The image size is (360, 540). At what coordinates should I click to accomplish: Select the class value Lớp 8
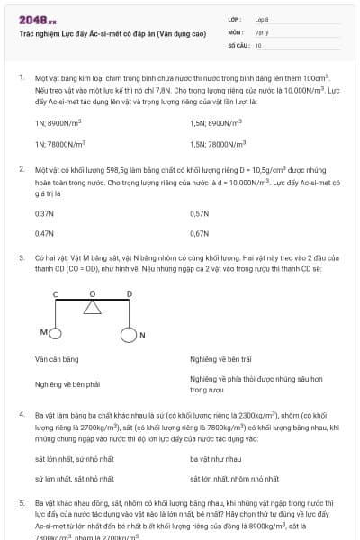[262, 19]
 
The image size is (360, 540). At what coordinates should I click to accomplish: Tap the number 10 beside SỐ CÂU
[258, 44]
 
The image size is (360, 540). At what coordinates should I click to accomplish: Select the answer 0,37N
[45, 213]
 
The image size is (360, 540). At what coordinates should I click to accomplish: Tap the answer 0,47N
[45, 232]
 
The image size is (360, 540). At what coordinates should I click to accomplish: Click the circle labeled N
[129, 336]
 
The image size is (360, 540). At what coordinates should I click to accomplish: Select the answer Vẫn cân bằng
[57, 359]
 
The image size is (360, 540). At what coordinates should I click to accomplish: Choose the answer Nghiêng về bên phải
[67, 383]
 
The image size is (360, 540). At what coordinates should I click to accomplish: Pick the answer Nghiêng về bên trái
[221, 359]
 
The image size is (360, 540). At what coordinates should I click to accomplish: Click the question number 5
[22, 501]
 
